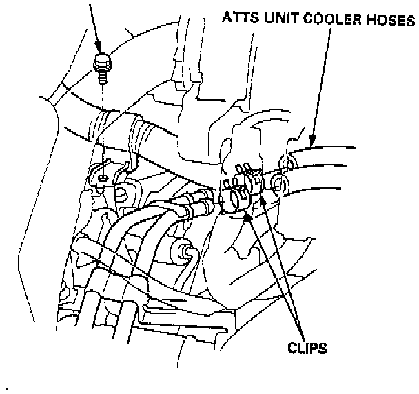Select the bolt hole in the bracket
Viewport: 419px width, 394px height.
pos(102,178)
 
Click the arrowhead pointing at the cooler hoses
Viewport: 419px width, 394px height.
pos(314,141)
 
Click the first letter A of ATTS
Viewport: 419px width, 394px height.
pos(226,19)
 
